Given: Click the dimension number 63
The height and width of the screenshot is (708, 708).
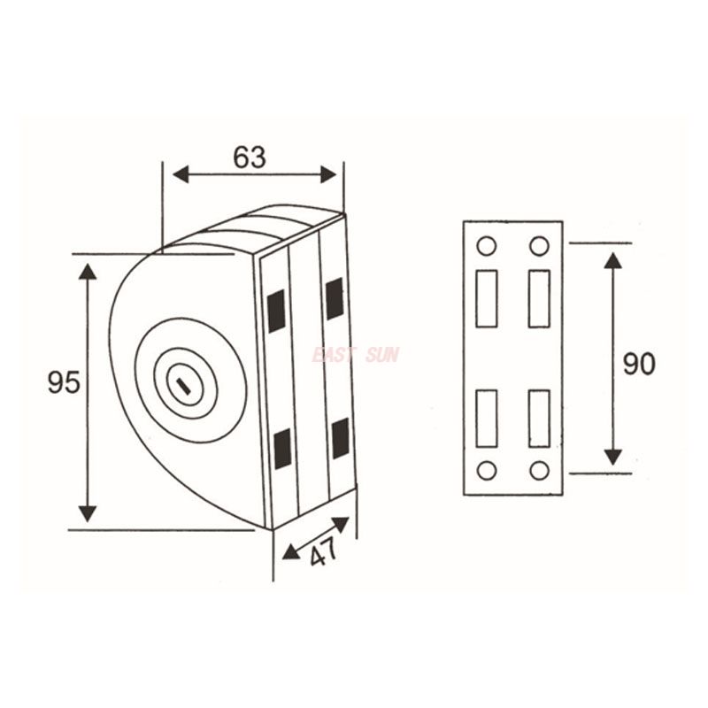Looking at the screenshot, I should (x=250, y=157).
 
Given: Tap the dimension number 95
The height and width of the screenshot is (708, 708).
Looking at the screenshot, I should (x=65, y=382).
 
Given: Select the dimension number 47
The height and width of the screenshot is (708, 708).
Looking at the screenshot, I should (x=324, y=552).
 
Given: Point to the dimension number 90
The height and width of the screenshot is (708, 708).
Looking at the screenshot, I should (x=638, y=364).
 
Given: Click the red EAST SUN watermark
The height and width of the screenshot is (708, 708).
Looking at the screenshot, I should (x=356, y=355).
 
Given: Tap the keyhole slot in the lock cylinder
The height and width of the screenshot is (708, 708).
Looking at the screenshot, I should (x=185, y=384).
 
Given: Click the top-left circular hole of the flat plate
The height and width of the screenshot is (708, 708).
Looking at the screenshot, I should (x=486, y=246).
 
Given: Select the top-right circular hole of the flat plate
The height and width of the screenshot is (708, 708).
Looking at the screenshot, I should (x=539, y=246).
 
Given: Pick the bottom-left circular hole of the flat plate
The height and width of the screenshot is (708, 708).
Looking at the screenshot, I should (x=486, y=470).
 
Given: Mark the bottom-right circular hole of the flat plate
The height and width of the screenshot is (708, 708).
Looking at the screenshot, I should (x=539, y=470).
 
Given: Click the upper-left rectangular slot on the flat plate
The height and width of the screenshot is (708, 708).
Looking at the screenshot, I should (x=486, y=299).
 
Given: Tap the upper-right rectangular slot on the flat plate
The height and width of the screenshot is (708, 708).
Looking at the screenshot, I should (x=539, y=299).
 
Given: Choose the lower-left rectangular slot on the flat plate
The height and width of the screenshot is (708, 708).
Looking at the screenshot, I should (x=486, y=418).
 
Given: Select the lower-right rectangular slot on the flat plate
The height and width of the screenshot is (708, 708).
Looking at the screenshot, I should (x=539, y=418).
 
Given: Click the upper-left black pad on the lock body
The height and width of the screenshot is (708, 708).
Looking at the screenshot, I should (x=276, y=311).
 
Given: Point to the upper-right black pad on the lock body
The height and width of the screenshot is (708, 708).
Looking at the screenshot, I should (x=335, y=298).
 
